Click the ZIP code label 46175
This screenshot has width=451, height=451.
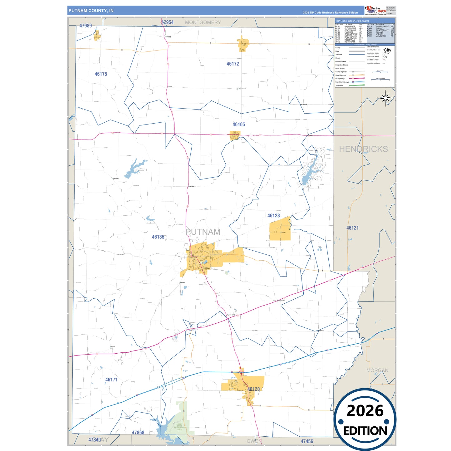click(x=101, y=74)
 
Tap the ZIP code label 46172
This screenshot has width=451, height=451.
click(x=233, y=64)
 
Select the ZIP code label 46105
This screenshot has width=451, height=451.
click(x=239, y=125)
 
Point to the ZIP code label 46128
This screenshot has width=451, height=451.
click(x=274, y=216)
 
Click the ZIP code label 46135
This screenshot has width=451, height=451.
click(x=158, y=237)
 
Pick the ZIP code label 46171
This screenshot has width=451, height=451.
click(x=111, y=380)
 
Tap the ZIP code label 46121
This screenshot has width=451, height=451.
click(x=353, y=228)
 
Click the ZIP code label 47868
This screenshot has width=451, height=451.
click(x=138, y=433)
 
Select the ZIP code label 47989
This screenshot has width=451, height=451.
click(x=86, y=26)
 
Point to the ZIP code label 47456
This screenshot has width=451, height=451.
click(x=307, y=441)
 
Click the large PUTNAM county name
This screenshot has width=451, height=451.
click(x=203, y=232)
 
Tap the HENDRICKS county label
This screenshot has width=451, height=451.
click(x=363, y=149)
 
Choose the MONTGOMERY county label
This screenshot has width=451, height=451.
click(x=203, y=22)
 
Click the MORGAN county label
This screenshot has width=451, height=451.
click(x=377, y=370)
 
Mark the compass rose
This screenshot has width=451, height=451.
click(x=386, y=99)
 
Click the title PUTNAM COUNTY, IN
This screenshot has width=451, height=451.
click(x=91, y=11)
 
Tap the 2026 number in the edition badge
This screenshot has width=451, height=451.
click(x=365, y=411)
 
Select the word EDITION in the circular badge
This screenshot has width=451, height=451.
click(x=365, y=431)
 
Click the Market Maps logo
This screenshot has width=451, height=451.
click(x=375, y=10)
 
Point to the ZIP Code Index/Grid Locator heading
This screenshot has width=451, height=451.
click(x=352, y=21)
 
